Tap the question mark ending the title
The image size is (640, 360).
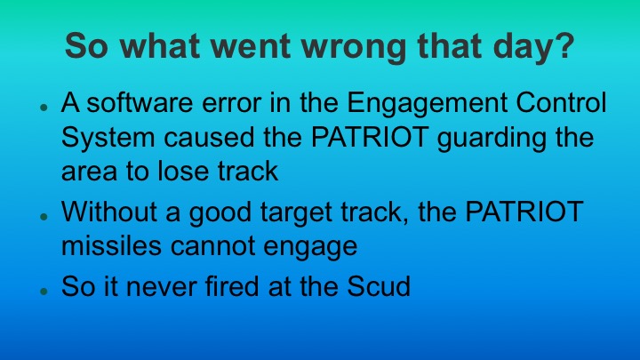tap(563, 46)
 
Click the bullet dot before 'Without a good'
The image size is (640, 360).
tap(44, 217)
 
